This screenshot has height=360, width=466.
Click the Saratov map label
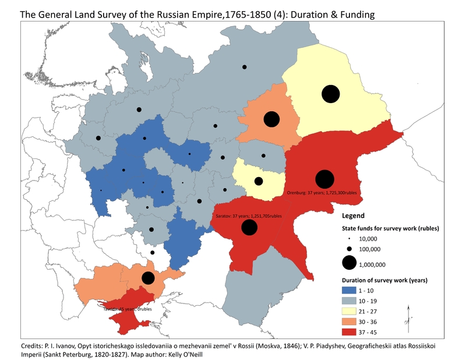[244, 216]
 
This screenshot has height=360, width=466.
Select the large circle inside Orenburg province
[324, 179]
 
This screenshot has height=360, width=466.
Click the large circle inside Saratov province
[249, 228]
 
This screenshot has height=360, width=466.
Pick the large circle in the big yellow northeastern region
[330, 94]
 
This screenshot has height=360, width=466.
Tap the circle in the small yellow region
[259, 181]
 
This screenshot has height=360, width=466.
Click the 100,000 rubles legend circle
[349, 249]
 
